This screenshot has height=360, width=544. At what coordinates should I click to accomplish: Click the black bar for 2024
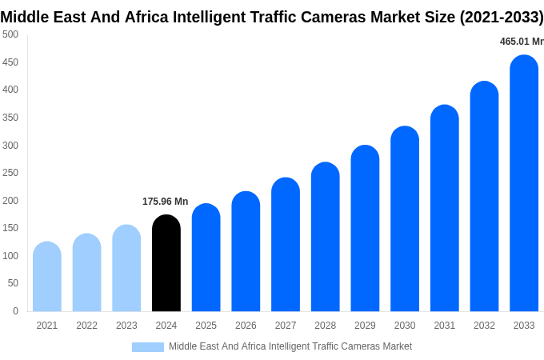coord(166,263)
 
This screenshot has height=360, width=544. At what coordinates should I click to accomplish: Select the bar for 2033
coord(524,183)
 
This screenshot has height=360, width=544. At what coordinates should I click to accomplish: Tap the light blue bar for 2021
coord(47,277)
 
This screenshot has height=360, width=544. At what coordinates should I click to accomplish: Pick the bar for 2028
coord(326,237)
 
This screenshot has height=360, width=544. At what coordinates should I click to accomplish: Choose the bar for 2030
coord(405,219)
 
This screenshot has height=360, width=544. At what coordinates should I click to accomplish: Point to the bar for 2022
coord(86,273)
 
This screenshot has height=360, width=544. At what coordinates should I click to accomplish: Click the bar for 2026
coord(246,251)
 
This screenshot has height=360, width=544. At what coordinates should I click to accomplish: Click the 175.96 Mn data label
coord(165,202)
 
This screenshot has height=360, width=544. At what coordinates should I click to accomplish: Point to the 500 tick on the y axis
coord(10,34)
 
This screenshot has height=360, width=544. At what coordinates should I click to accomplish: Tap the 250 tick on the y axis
coord(10,173)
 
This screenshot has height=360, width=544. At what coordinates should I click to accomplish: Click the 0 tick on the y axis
coord(15,311)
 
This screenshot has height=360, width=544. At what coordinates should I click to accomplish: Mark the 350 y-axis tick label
coord(10,118)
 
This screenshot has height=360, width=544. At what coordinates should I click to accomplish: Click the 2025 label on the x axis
coord(206,326)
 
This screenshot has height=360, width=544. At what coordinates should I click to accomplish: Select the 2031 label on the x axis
coord(444,326)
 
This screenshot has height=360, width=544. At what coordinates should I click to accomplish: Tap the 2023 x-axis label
coord(126,326)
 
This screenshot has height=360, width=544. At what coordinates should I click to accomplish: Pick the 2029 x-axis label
coord(365,326)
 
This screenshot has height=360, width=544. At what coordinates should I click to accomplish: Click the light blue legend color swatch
coord(147,347)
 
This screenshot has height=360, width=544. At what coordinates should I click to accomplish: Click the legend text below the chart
coord(290,346)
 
